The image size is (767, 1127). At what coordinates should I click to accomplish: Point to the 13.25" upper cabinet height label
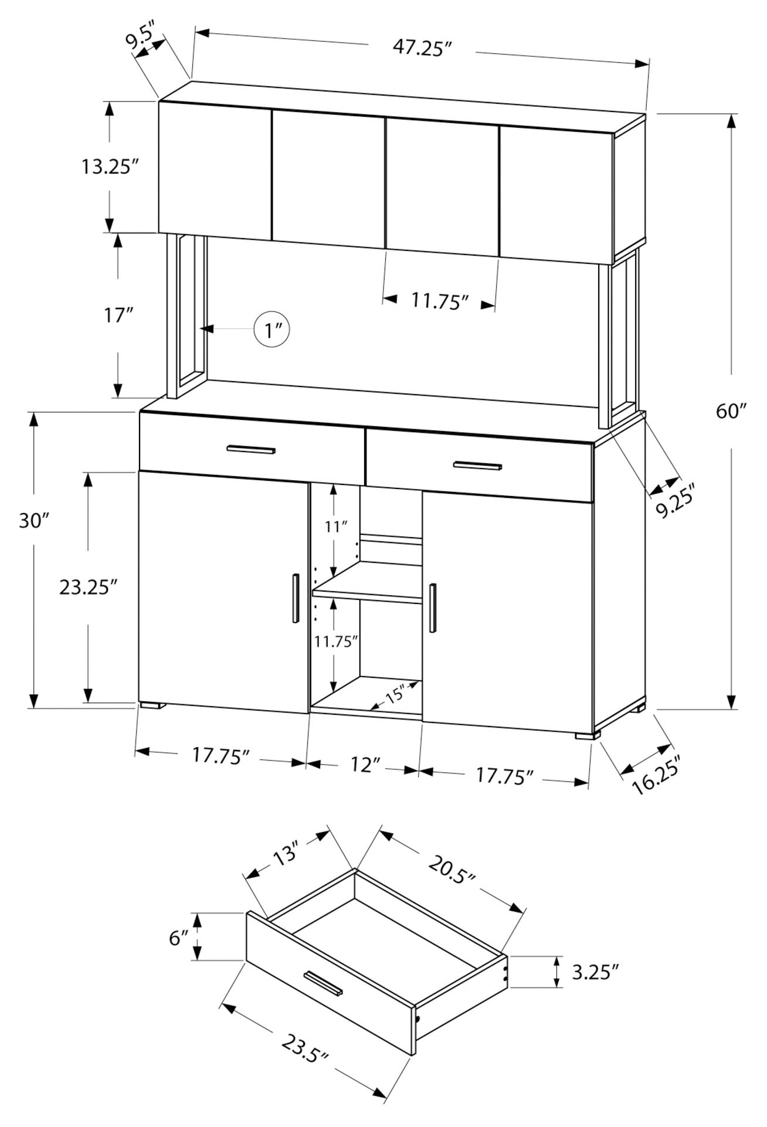point(109,167)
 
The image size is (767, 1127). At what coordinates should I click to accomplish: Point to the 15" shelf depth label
point(395,695)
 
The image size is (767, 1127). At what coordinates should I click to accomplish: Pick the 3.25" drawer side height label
point(595,973)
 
